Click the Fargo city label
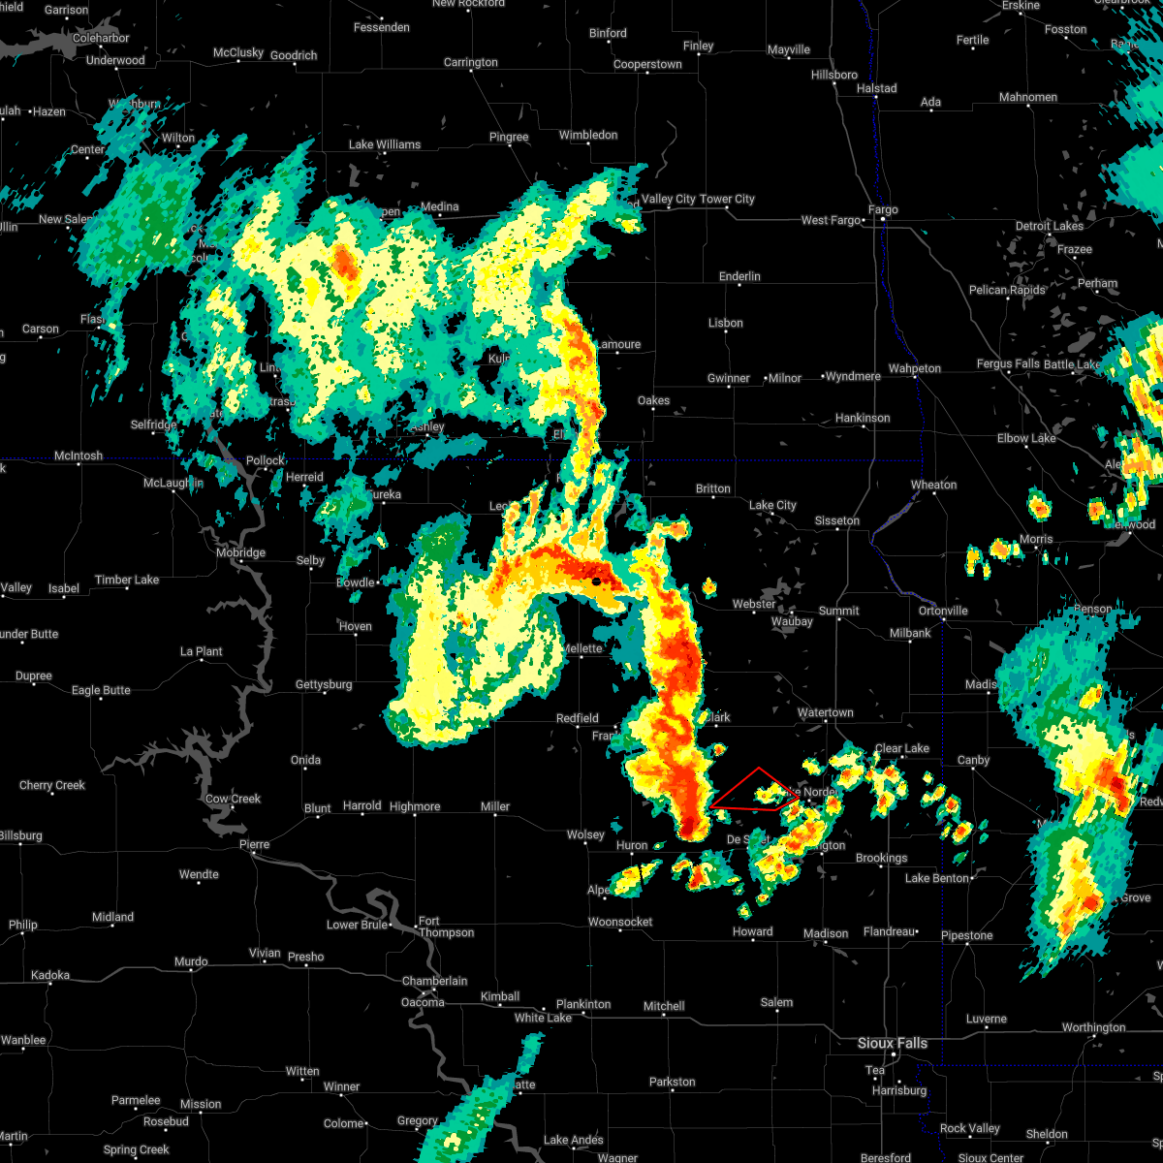(x=883, y=209)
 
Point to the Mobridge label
(x=240, y=552)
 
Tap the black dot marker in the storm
(x=596, y=581)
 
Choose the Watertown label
(x=826, y=712)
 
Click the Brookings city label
(x=881, y=858)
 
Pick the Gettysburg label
(x=324, y=684)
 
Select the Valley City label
(x=669, y=199)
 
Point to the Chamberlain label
(x=435, y=981)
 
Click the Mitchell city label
(x=664, y=1006)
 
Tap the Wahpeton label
(x=915, y=368)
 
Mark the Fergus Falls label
(x=1008, y=364)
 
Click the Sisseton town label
(x=836, y=520)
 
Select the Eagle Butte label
(x=101, y=690)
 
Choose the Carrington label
(x=470, y=62)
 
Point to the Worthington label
(x=1093, y=1027)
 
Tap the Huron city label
(x=632, y=846)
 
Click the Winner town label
(x=341, y=1086)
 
